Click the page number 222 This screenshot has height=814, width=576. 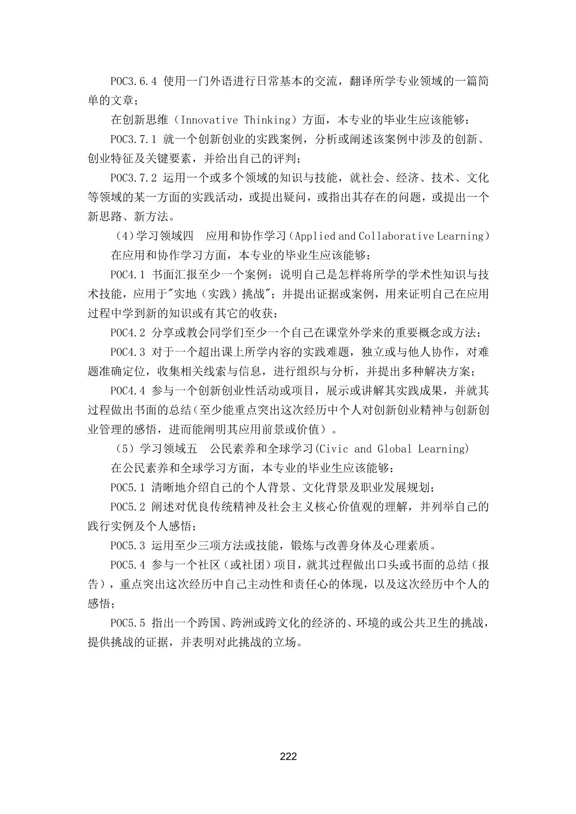288,756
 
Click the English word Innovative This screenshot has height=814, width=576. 209,120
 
